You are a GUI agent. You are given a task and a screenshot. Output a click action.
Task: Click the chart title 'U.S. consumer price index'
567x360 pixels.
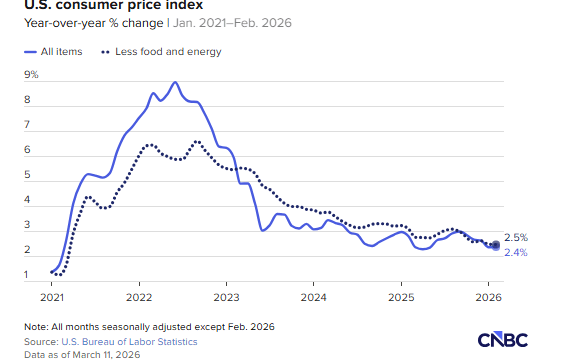point(114,5)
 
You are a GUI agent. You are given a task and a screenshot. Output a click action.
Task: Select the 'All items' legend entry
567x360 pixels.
point(53,52)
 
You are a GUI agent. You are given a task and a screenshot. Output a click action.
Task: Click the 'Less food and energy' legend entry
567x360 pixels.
point(161,52)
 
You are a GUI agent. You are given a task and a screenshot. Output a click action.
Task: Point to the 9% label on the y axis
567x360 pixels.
point(31,74)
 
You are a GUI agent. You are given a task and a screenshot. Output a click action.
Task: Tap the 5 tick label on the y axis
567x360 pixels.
point(27,175)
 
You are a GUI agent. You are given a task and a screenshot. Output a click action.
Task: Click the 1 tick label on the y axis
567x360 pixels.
point(26,275)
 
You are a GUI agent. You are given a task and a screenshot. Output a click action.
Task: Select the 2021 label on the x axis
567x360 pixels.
point(52,297)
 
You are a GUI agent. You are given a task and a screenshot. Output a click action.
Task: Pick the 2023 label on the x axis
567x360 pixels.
point(226,297)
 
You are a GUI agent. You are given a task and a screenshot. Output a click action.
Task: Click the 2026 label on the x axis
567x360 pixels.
point(489,297)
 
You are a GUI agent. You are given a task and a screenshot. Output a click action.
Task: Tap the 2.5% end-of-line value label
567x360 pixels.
point(516,238)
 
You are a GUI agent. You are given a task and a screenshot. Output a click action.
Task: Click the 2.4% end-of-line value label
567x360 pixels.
point(516,253)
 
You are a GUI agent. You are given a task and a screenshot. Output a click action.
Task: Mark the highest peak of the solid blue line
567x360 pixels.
point(175,82)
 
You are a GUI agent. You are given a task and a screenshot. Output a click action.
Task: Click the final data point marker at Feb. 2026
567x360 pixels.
point(496,245)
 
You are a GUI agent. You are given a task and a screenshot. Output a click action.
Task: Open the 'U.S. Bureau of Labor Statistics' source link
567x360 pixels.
point(129,342)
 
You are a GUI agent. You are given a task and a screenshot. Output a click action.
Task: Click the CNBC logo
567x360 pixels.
point(503,339)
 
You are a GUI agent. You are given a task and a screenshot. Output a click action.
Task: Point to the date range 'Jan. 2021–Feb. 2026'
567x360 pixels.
point(232,23)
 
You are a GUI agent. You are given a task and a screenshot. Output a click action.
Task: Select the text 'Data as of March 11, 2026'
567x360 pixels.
point(82,355)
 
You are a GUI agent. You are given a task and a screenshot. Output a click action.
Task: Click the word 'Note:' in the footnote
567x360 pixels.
point(36,327)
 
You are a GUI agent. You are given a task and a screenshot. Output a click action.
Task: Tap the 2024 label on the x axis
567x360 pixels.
point(314,297)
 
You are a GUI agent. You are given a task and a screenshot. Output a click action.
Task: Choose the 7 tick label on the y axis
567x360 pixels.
point(27,125)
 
